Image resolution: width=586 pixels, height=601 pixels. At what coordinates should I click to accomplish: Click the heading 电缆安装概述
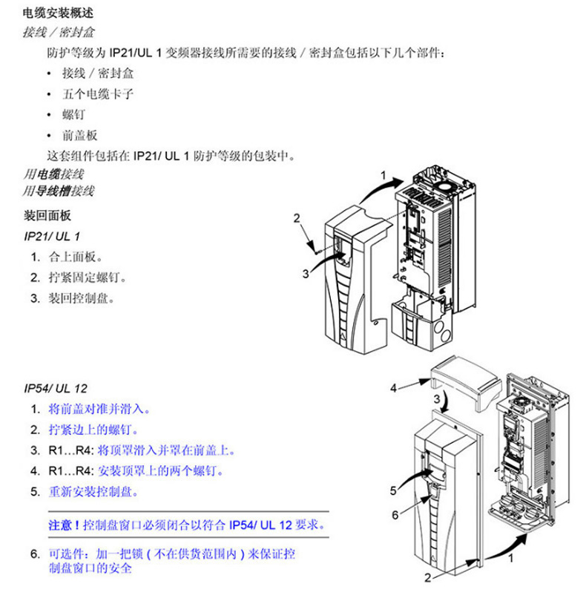coord(58,13)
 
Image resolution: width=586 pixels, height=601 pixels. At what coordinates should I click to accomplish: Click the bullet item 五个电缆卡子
coord(98,94)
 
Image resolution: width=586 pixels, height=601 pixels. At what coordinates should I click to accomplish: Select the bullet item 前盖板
coord(79,135)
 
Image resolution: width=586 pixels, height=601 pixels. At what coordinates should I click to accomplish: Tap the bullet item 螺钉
coord(73,114)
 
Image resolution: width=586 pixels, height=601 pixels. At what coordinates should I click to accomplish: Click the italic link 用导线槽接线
coord(59,191)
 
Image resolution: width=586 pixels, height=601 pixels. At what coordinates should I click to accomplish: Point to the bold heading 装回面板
coord(47,215)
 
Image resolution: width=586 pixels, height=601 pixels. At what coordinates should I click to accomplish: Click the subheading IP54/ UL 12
coord(56,388)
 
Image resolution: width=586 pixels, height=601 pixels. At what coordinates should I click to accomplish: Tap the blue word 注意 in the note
coord(61,525)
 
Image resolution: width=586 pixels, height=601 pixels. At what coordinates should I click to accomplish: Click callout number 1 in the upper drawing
coord(383,176)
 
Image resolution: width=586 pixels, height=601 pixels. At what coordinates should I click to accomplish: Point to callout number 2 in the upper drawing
coord(297,218)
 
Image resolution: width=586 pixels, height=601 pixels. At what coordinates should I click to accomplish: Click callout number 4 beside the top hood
coord(393,388)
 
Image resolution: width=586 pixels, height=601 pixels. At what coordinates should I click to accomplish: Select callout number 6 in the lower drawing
coord(395,515)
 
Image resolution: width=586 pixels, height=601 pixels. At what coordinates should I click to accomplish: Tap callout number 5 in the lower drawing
coord(393,490)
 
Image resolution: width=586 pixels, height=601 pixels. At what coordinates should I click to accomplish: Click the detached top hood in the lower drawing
coord(466,381)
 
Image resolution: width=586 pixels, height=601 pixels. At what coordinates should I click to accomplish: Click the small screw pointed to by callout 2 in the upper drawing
coord(317,252)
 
